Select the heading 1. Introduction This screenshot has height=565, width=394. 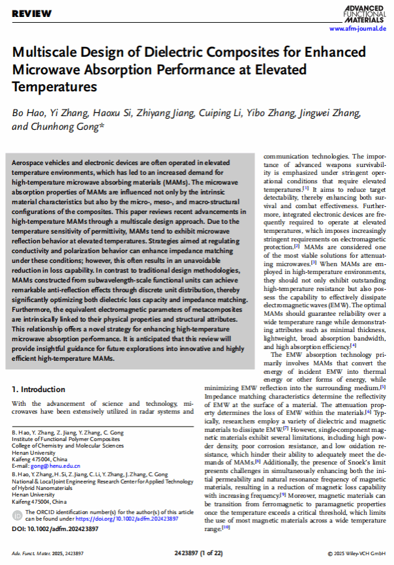tap(38, 389)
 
